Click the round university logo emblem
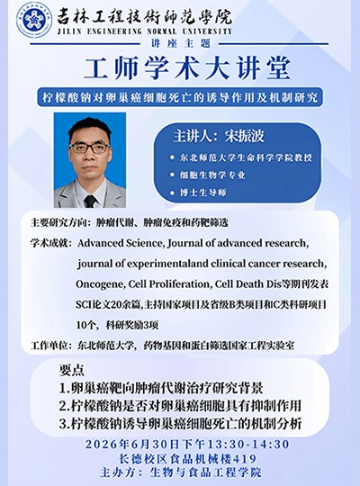tap(34, 20)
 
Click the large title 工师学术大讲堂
tap(187, 67)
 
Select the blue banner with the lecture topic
tap(180, 97)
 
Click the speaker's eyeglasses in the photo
tap(89, 148)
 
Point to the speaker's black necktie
tap(90, 202)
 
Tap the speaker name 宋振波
tap(245, 137)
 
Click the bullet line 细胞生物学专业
tap(212, 175)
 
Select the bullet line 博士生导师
tap(203, 193)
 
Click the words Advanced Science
tap(121, 243)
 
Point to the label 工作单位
tap(49, 346)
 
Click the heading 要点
tap(72, 370)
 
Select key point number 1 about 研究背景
tap(161, 388)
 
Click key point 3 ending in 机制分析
tap(181, 424)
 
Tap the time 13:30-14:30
tap(248, 445)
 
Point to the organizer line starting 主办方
tap(181, 472)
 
